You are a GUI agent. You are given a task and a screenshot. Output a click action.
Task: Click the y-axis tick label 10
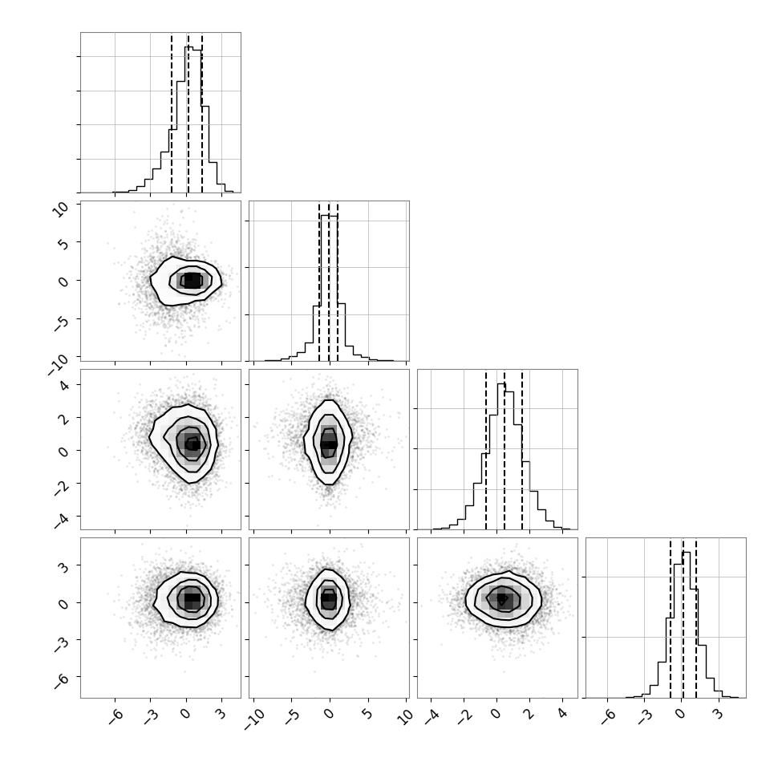tap(62, 209)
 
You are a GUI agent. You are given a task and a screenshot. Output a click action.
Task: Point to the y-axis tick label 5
tap(64, 243)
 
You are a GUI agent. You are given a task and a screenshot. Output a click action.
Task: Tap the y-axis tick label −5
tap(62, 322)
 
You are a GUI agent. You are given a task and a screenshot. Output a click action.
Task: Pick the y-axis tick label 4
tap(64, 385)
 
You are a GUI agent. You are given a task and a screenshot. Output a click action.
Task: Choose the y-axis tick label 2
tap(64, 418)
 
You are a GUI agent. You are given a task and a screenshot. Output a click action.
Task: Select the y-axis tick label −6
tap(62, 681)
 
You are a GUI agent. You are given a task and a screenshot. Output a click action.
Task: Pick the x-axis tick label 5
tap(367, 715)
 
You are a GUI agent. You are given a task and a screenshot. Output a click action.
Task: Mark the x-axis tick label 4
tap(563, 715)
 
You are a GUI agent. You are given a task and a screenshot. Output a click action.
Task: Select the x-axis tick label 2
tap(529, 715)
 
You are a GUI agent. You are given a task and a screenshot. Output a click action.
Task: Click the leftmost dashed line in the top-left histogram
tap(172, 112)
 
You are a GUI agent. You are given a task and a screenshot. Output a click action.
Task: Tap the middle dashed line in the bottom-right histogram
tap(683, 618)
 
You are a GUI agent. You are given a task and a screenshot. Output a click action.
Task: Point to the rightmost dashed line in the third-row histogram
tap(522, 449)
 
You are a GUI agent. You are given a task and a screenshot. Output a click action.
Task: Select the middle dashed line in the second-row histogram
tap(329, 282)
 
